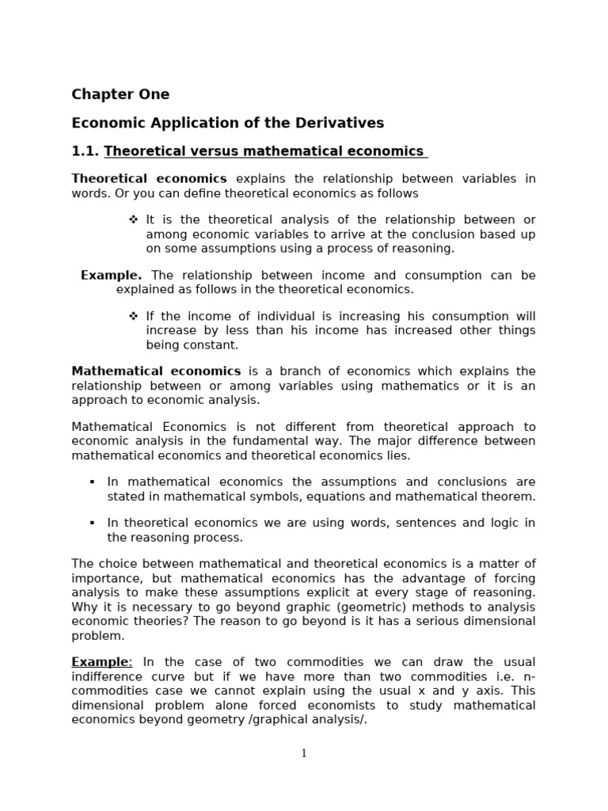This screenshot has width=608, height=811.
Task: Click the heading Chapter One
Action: [120, 94]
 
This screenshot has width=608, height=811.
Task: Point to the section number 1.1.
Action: [85, 151]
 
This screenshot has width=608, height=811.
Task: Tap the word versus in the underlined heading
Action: [211, 151]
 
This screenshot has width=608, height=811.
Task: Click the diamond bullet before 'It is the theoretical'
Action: [134, 219]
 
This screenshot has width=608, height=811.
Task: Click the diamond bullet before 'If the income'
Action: [134, 316]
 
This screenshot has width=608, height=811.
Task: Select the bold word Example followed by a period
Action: [111, 276]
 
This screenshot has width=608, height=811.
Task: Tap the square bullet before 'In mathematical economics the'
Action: [93, 482]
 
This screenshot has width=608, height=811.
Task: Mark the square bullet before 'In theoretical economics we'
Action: [93, 524]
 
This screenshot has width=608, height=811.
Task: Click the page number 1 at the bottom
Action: [304, 753]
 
